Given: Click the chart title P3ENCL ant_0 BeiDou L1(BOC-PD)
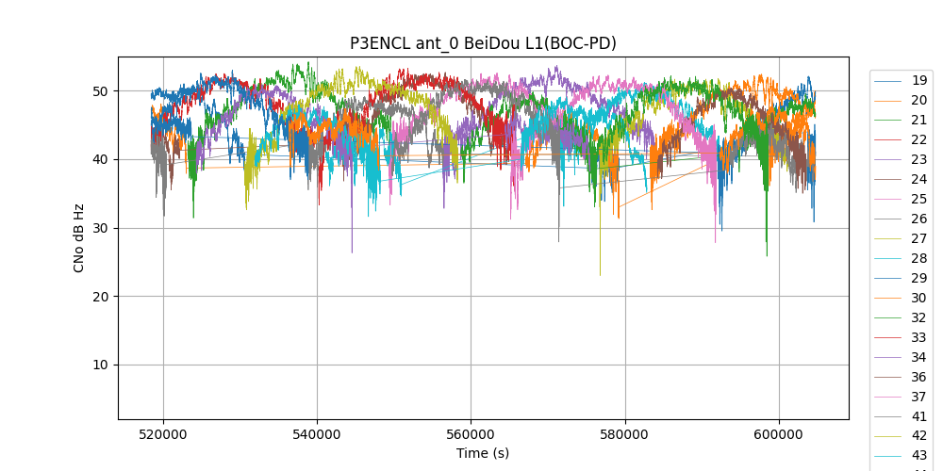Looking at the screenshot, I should [x=483, y=43].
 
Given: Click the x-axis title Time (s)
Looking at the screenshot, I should [x=483, y=453].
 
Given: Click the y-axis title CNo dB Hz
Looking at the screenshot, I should [x=79, y=237].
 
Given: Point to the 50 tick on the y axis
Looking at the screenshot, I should [x=99, y=91].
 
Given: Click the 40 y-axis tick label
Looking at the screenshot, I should [x=99, y=160].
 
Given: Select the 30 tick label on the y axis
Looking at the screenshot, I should [x=99, y=228].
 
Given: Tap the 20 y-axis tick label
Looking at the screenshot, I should [x=99, y=297].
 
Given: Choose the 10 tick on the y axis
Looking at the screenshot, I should [x=99, y=365].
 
